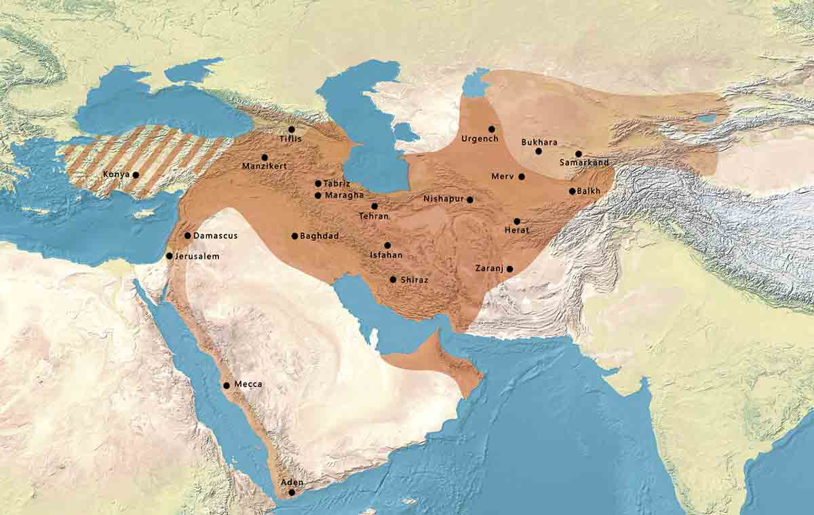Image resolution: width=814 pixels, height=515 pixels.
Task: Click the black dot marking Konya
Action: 136,174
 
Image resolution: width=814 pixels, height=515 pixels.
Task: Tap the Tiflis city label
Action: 290,139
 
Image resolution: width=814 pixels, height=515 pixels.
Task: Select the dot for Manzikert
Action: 265,157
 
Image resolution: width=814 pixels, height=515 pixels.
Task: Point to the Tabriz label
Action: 337,183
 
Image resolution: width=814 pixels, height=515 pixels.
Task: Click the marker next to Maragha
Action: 318,195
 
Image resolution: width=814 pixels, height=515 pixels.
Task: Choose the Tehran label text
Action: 374,216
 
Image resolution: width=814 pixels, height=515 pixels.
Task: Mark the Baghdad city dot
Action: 294,236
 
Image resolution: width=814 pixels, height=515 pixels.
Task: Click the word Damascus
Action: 215,235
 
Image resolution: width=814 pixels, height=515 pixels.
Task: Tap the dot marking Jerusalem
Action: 169,256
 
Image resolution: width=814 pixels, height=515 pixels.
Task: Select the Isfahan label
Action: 386,255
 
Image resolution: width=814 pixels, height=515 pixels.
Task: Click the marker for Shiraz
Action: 393,279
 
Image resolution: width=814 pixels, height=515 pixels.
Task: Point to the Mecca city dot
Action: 227,385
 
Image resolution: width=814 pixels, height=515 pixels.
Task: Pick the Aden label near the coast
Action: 292,482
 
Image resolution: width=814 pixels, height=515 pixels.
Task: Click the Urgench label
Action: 480,138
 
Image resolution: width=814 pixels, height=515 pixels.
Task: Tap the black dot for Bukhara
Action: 539,151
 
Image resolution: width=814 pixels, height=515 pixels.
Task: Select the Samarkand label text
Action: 584,163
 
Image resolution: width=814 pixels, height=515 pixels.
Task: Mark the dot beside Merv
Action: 521,176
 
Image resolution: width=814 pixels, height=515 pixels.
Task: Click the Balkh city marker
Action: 572,191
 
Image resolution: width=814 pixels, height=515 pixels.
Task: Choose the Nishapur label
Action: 444,199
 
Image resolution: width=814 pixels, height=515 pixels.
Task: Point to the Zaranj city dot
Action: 509,269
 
